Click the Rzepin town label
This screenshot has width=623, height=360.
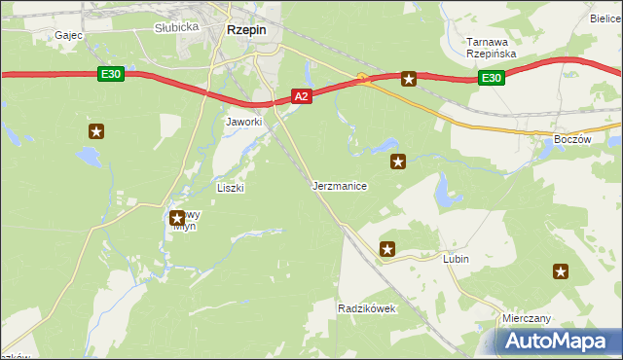[246, 30]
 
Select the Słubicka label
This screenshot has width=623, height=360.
[176, 27]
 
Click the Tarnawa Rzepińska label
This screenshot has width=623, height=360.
[491, 48]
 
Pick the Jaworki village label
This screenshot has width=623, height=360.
[244, 122]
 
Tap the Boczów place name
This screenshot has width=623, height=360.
[571, 140]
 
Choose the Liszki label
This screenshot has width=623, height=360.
[230, 188]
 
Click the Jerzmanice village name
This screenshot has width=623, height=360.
[339, 185]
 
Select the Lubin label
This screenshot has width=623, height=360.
[456, 259]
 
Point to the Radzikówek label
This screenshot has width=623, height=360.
[365, 308]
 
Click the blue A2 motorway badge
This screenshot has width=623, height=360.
[302, 95]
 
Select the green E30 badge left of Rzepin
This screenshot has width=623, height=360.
[111, 73]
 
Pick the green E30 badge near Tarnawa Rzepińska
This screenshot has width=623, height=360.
[493, 79]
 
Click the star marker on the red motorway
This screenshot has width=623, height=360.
[410, 79]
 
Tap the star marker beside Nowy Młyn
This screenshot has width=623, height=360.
[177, 219]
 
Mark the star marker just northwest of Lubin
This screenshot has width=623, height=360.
[387, 250]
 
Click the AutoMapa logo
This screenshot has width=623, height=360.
[554, 341]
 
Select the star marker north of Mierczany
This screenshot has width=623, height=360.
[561, 272]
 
